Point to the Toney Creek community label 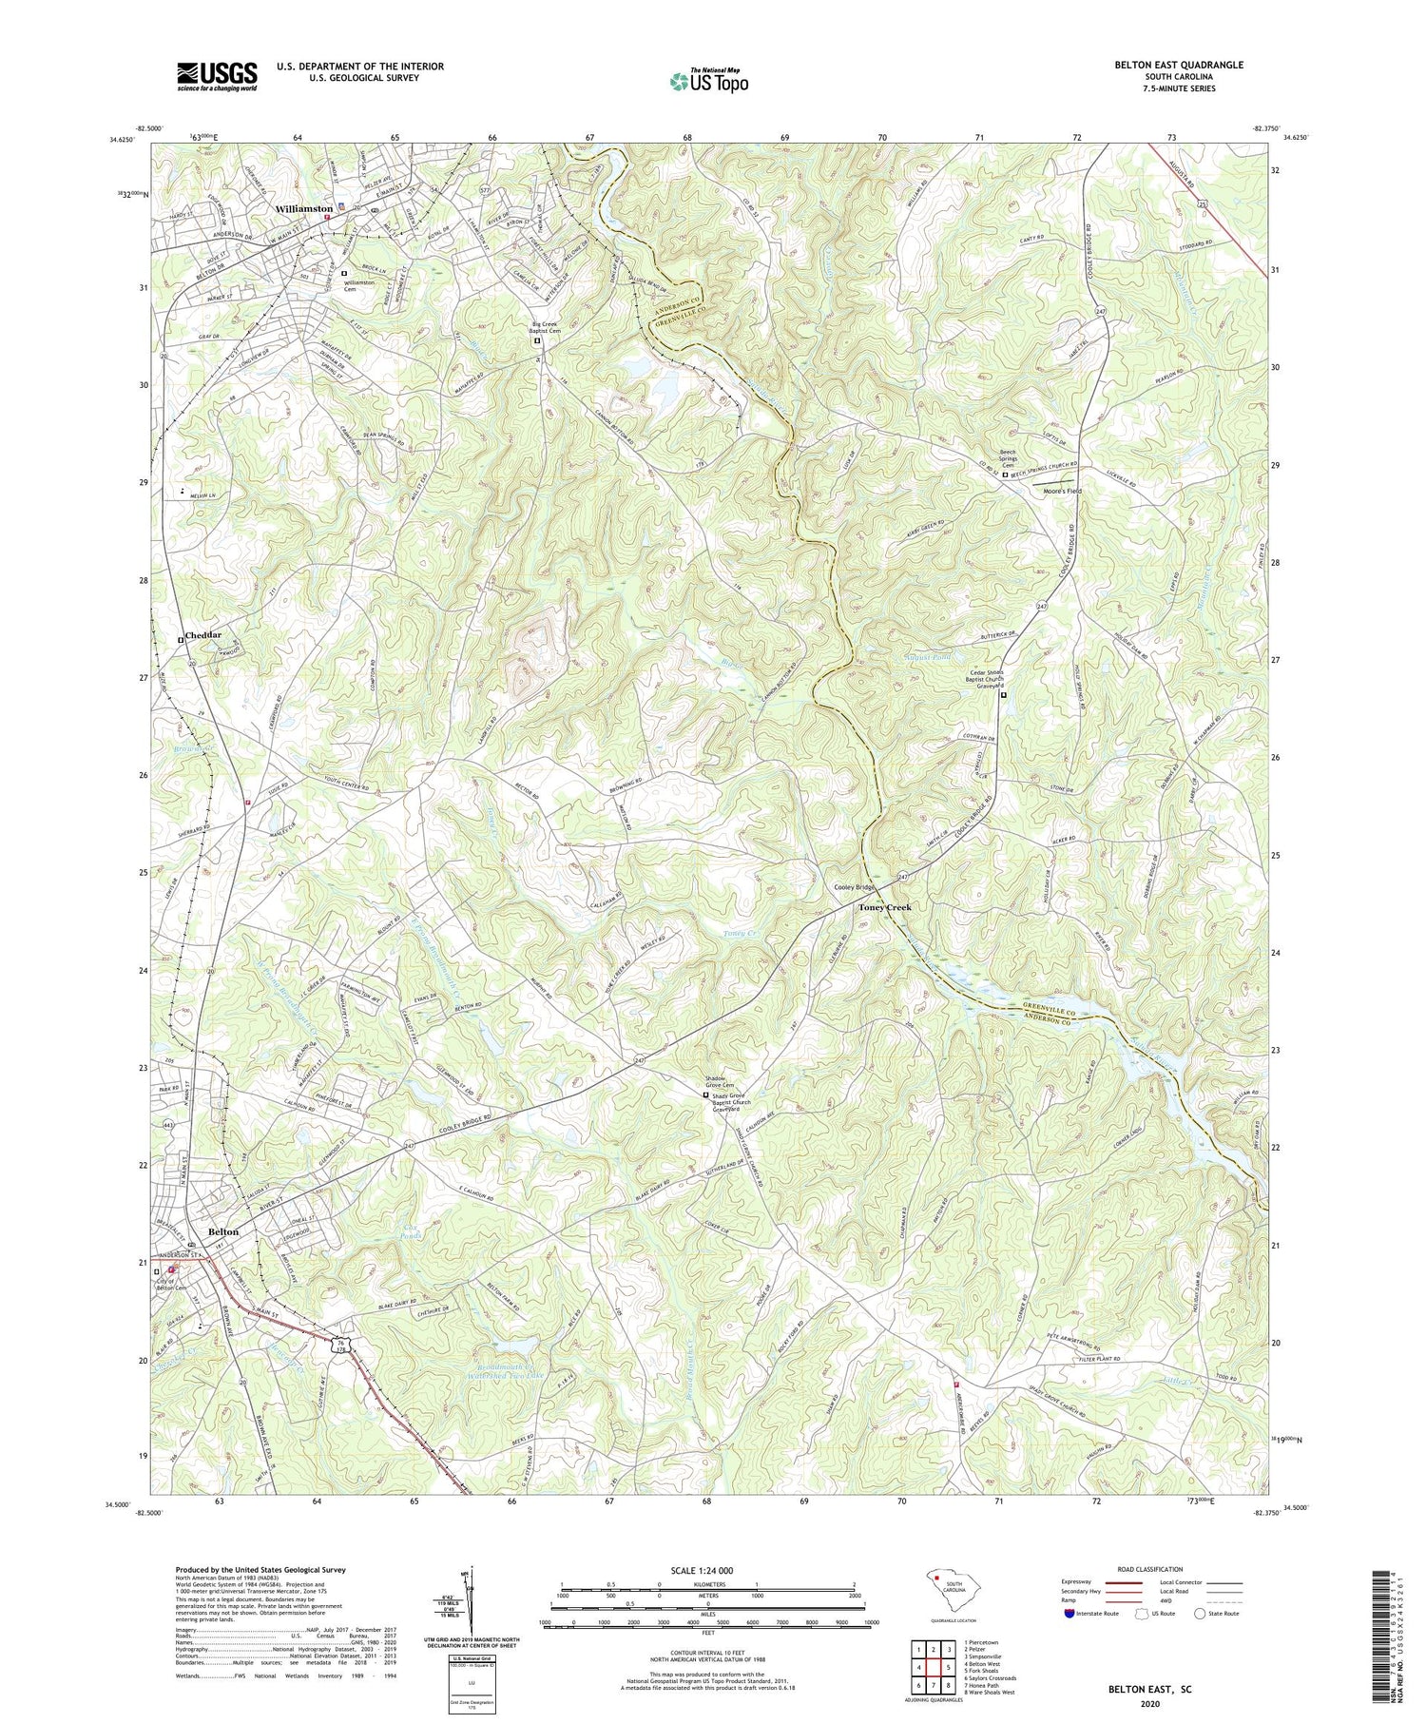pos(884,907)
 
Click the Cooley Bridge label pos(853,887)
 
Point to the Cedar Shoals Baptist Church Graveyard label pos(993,680)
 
